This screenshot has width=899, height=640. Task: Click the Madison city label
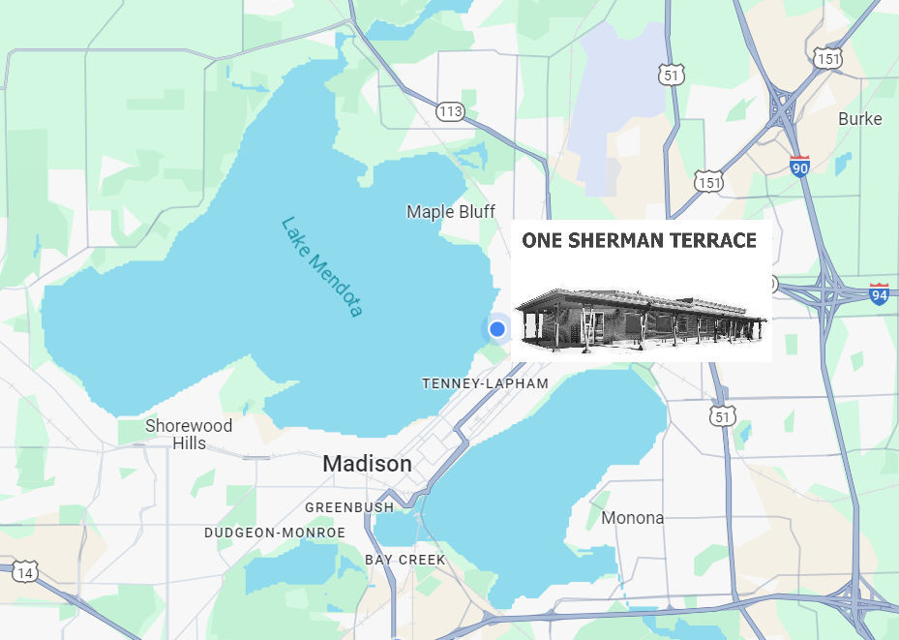(367, 464)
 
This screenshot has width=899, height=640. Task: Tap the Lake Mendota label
(321, 266)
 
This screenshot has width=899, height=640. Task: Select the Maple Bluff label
(450, 211)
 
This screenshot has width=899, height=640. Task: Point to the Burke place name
(859, 118)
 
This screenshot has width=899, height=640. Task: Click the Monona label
(632, 517)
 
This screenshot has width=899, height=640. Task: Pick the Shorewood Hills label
(189, 434)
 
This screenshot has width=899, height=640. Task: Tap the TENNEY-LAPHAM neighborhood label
(485, 383)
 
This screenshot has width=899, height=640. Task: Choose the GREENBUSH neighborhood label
(349, 506)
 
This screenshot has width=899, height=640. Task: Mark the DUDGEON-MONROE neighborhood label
(275, 533)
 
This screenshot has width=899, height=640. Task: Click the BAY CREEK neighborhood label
(405, 560)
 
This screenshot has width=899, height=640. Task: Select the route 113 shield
(450, 111)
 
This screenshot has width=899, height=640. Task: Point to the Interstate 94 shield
(879, 293)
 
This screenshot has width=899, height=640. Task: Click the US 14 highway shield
(25, 573)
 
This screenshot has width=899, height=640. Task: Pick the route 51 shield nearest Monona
(720, 415)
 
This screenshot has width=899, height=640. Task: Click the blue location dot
(497, 329)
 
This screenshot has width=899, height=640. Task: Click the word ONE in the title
(542, 241)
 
